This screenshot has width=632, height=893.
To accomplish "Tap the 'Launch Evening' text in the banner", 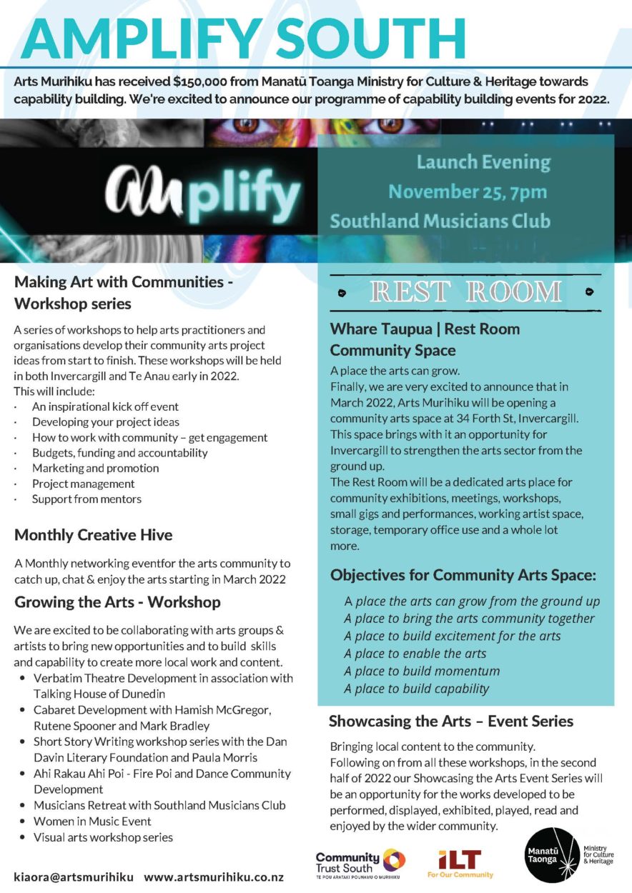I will click(x=483, y=162).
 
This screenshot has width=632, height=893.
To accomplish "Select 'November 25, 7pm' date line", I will click(x=468, y=191).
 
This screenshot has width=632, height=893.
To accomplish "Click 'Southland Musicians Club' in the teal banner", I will click(x=440, y=221).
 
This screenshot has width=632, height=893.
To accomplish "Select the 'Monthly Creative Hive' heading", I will click(x=94, y=535).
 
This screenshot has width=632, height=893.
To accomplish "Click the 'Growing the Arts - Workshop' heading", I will click(x=117, y=602).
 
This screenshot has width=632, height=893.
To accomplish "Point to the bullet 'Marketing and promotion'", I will click(x=95, y=469).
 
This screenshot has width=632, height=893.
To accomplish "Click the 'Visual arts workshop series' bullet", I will click(x=103, y=837).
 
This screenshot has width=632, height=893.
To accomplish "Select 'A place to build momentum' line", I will click(x=422, y=672).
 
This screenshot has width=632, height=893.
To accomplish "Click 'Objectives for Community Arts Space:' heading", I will click(x=463, y=575).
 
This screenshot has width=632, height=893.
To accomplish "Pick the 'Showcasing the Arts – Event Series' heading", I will click(x=451, y=722).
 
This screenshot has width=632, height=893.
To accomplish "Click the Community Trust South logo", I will click(x=360, y=862).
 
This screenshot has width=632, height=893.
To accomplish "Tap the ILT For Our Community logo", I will click(x=460, y=863).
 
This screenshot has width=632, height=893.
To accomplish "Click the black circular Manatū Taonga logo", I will click(x=551, y=855).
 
